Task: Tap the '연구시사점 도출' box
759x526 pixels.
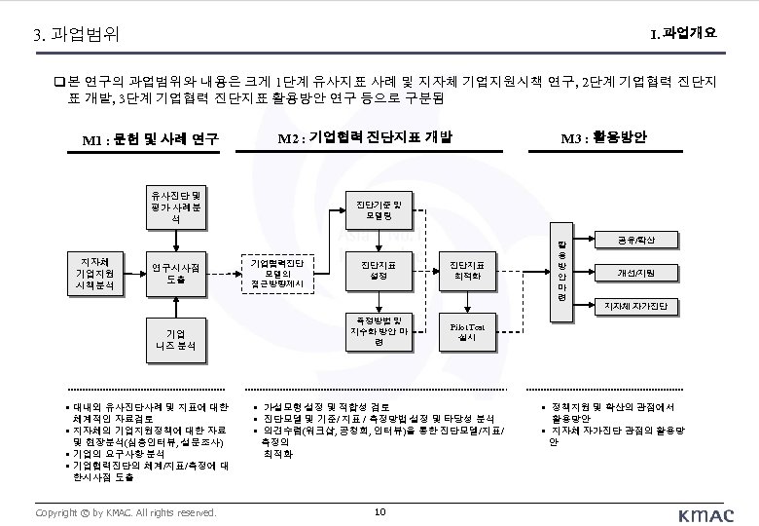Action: [177, 274]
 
